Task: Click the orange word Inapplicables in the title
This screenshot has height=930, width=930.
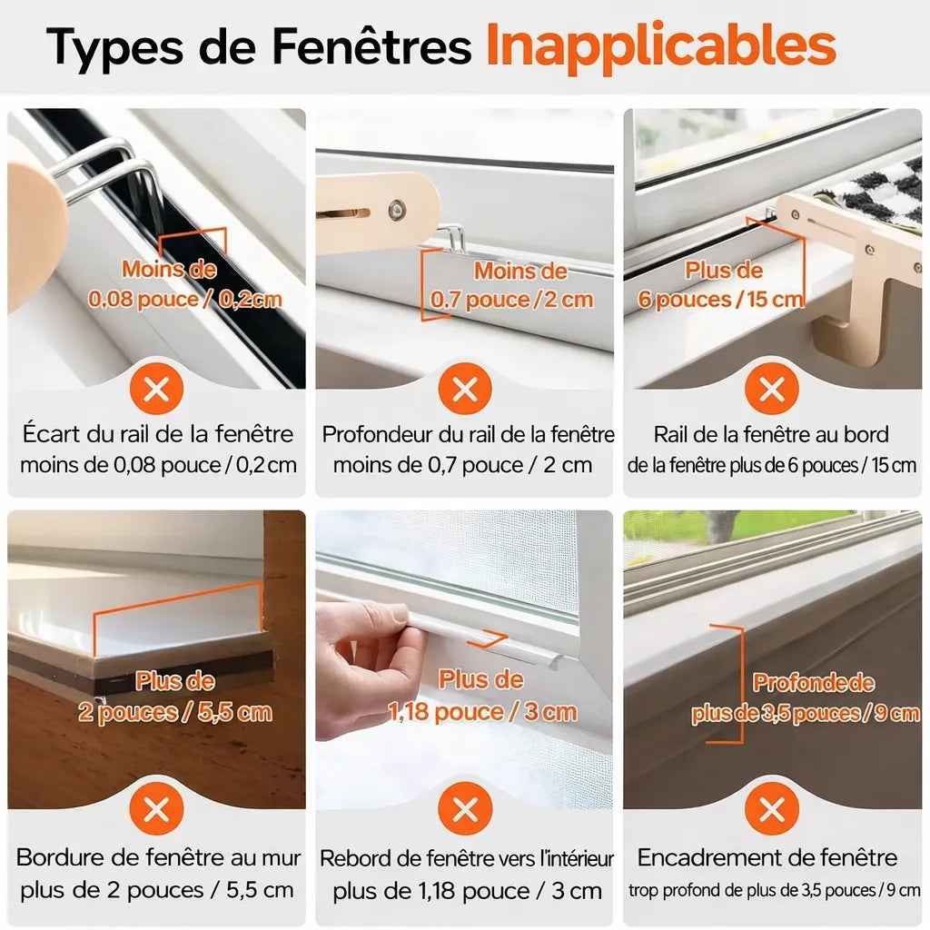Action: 661,45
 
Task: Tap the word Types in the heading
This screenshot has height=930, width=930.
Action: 114,47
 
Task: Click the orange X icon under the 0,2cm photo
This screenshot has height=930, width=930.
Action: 156,389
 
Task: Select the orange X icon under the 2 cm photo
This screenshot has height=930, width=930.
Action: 465,389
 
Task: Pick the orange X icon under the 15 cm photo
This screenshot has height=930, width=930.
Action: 772,389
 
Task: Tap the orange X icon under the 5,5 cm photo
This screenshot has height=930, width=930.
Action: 156,808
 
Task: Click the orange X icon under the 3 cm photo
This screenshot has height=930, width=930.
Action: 465,808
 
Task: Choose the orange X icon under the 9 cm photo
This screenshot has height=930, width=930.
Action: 772,808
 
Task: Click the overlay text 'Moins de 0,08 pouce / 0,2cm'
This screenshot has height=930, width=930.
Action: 184,284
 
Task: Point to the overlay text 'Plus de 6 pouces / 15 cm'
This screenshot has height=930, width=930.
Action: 721,284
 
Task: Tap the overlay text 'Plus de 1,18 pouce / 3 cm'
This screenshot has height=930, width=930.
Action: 482,696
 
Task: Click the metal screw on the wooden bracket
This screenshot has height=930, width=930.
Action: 396,209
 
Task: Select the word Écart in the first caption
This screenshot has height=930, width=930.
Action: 52,433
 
